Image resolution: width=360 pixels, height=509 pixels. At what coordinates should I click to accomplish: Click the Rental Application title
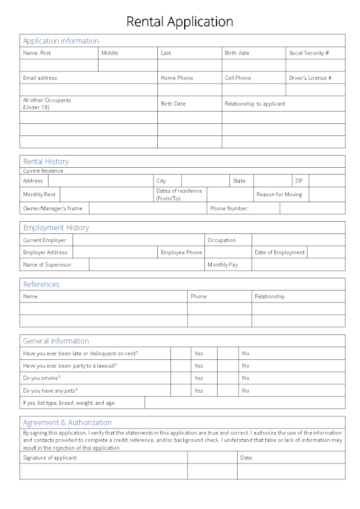point(179,22)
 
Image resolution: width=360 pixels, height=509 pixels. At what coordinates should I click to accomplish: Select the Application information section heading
point(61,41)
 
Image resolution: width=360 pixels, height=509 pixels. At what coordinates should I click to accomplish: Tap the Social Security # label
point(309,53)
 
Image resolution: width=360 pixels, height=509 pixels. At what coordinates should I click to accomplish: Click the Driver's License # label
point(310,78)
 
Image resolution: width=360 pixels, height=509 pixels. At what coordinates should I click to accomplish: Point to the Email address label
point(41,78)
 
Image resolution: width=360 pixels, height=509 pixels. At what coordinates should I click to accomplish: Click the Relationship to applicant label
point(255,104)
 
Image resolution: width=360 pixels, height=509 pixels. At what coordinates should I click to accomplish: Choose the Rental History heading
point(46,161)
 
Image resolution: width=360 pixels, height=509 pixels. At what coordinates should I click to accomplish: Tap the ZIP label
point(299,180)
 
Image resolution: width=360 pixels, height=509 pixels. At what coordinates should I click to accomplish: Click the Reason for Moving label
point(279,194)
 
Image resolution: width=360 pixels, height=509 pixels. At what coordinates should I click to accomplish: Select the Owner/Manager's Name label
point(52,208)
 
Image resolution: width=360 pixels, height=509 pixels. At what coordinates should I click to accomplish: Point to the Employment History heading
point(56,228)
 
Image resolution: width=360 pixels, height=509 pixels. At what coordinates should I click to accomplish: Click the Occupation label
point(221,240)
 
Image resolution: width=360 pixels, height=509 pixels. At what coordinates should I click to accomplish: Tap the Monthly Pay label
point(222,265)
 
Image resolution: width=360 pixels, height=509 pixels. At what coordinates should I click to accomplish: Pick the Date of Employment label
point(280,252)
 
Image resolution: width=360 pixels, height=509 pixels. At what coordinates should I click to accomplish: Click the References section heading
point(41,284)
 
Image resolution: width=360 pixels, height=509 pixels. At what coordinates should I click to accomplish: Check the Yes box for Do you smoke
point(181,378)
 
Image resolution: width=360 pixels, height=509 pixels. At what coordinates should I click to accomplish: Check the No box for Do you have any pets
point(228,390)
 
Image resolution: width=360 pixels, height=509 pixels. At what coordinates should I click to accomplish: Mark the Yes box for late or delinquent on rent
point(181,353)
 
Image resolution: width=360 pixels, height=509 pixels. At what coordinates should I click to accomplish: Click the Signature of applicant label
point(50,458)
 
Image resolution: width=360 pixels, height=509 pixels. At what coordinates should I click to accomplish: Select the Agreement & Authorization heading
point(67,422)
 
